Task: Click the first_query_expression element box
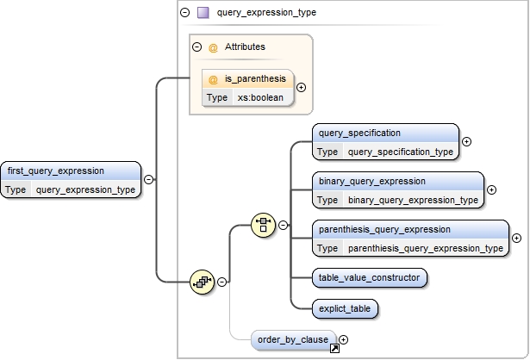point(71,179)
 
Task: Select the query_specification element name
point(359,133)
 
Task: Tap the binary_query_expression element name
point(371,182)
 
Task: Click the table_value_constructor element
point(369,277)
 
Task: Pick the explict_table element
point(346,307)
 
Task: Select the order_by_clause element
point(293,339)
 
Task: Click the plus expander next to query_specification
point(466,142)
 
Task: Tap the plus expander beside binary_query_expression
point(491,190)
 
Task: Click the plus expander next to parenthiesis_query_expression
point(516,239)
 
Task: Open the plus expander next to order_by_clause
point(343,340)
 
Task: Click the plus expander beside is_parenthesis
point(301,87)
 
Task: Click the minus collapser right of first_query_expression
point(149,179)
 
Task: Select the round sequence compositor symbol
point(201,281)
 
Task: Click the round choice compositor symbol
point(263,226)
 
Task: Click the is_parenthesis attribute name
point(255,78)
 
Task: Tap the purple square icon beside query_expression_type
point(203,13)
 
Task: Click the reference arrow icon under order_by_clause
point(334,349)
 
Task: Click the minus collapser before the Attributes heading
point(196,47)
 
